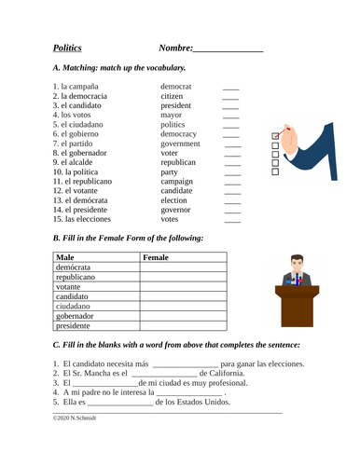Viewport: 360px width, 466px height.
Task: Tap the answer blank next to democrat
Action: pyautogui.click(x=230, y=86)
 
